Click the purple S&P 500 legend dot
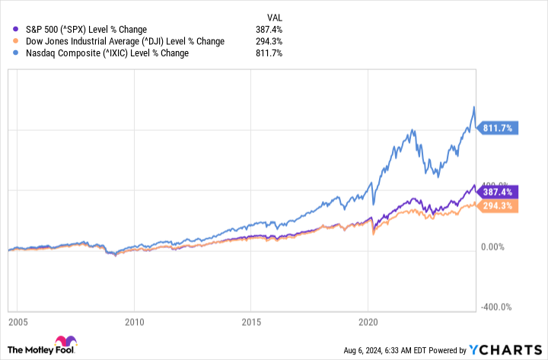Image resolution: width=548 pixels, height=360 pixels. (7, 29)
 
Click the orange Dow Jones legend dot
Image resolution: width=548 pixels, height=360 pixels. (7, 41)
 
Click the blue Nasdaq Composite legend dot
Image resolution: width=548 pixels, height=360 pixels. (7, 53)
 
